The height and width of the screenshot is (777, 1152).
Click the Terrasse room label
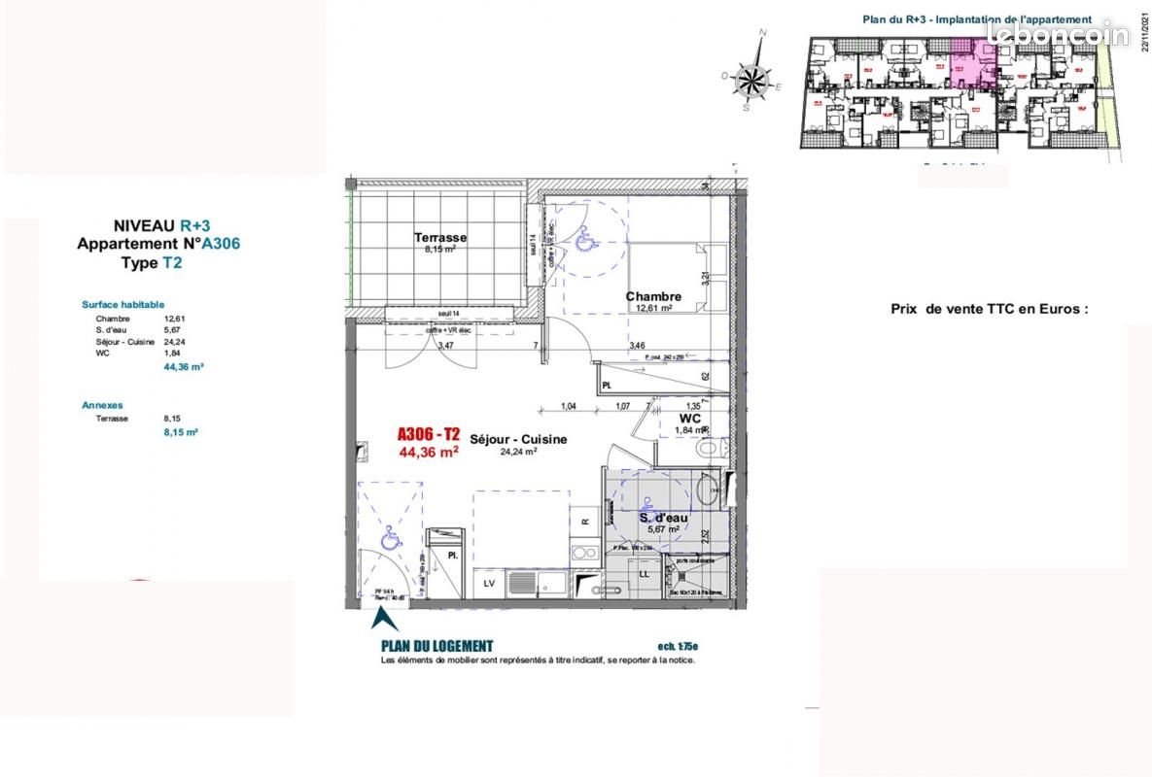(440, 237)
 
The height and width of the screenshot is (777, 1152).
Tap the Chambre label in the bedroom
(653, 296)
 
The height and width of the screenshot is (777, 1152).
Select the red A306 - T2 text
(429, 436)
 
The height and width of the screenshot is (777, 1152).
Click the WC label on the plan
(689, 419)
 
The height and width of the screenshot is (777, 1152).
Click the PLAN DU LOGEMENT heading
(436, 646)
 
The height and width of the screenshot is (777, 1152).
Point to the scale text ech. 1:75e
(678, 647)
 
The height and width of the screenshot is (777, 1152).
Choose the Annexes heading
(102, 405)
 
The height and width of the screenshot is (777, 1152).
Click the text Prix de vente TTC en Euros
(990, 309)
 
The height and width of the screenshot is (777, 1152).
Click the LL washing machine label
(644, 575)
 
